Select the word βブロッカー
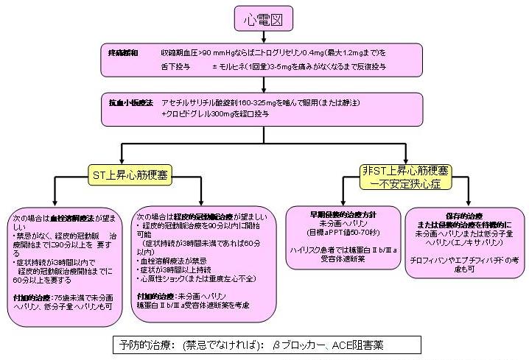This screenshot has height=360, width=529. pyautogui.click(x=293, y=344)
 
